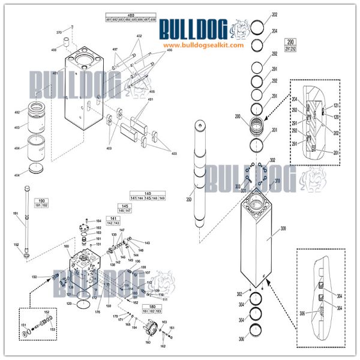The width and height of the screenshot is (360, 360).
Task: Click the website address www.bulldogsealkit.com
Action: pos(203,46)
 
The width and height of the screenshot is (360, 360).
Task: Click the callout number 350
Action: pos(189,199)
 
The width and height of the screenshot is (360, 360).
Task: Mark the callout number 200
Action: pos(238,116)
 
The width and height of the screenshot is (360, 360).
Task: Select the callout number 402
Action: pos(139,37)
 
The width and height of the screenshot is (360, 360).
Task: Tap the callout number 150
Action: pos(34,277)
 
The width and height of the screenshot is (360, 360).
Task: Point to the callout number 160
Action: pos(148,343)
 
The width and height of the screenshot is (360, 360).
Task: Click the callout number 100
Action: pos(67,246)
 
